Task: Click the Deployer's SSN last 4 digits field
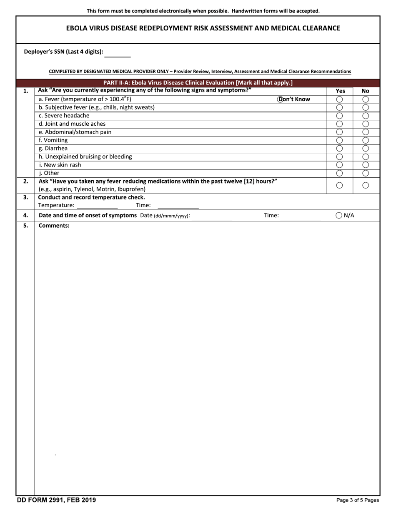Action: pyautogui.click(x=117, y=53)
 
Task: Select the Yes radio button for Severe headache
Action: pyautogui.click(x=339, y=116)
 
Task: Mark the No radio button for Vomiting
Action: pyautogui.click(x=366, y=140)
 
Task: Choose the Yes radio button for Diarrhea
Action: pyautogui.click(x=339, y=149)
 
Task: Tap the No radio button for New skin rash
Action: pyautogui.click(x=366, y=165)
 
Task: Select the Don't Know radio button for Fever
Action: pyautogui.click(x=280, y=99)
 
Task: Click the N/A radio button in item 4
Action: pyautogui.click(x=339, y=215)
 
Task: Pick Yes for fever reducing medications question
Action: pyautogui.click(x=339, y=185)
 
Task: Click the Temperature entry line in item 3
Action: pyautogui.click(x=98, y=206)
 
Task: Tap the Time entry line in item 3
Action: pyautogui.click(x=178, y=206)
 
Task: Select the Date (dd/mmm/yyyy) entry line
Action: pyautogui.click(x=212, y=216)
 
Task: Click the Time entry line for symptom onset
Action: pyautogui.click(x=300, y=216)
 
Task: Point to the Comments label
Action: pyautogui.click(x=54, y=226)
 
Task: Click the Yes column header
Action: pyautogui.click(x=340, y=91)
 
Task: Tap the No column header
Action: pyautogui.click(x=366, y=91)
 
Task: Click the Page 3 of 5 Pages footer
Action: pyautogui.click(x=358, y=500)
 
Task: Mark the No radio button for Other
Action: pyautogui.click(x=366, y=173)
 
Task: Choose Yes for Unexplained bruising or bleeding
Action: pyautogui.click(x=339, y=157)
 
